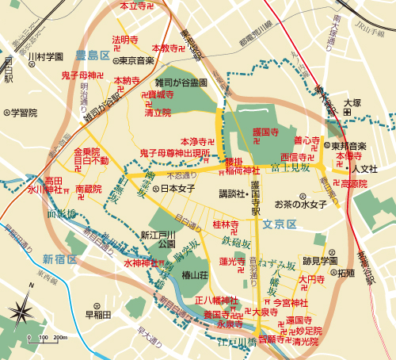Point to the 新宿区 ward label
(x=59, y=259)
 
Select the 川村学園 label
(x=44, y=57)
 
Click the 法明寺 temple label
(x=125, y=39)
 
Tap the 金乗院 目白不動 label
(x=86, y=156)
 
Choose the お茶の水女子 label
(x=300, y=205)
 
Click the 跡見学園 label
(x=320, y=260)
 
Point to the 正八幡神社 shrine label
(x=216, y=301)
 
